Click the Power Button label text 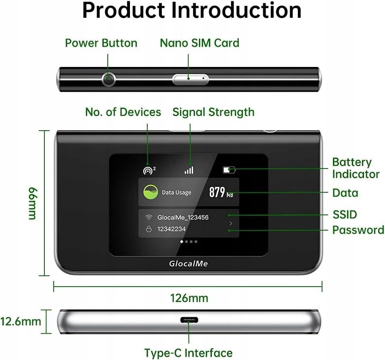[x=101, y=43]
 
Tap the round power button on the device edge [x=108, y=79]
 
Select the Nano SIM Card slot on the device [x=190, y=79]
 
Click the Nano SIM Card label [x=199, y=43]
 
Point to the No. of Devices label [x=123, y=112]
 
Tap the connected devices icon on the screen [x=149, y=170]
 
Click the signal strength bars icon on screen [x=189, y=170]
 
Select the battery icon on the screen [x=229, y=170]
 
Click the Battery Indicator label [x=356, y=168]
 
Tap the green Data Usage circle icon [x=151, y=192]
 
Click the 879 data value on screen [x=217, y=193]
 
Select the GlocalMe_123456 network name [x=183, y=217]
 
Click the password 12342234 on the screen [x=172, y=229]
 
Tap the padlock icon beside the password [x=149, y=229]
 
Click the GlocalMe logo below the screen [x=188, y=264]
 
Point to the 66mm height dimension [x=32, y=203]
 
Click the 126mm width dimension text [x=189, y=298]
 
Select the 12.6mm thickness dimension [x=21, y=321]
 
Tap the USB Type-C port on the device [x=189, y=320]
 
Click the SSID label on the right [x=345, y=214]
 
